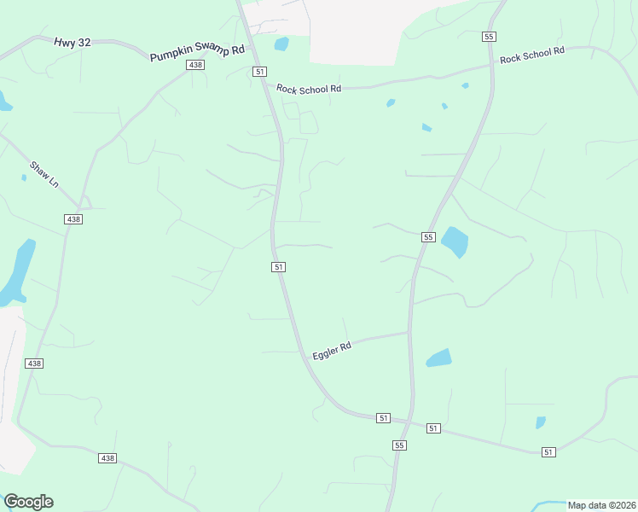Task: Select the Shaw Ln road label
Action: click(x=43, y=175)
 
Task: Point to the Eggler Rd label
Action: click(x=332, y=351)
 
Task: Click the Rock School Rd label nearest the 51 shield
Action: click(x=309, y=88)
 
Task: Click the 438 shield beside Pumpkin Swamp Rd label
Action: click(x=196, y=65)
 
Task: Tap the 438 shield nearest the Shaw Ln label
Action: click(x=73, y=219)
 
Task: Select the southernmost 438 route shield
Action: click(x=107, y=458)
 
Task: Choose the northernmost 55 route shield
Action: click(x=489, y=36)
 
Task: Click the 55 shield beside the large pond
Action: click(x=428, y=237)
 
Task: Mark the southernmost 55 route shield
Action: click(x=399, y=445)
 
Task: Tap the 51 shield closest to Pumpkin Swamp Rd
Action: click(x=259, y=72)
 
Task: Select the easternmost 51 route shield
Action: click(x=548, y=452)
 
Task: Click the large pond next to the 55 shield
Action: click(x=455, y=241)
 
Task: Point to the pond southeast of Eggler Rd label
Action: click(x=438, y=358)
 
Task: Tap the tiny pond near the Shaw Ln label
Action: click(x=24, y=177)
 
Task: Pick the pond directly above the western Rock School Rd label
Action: click(x=281, y=44)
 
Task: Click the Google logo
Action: click(x=28, y=502)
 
